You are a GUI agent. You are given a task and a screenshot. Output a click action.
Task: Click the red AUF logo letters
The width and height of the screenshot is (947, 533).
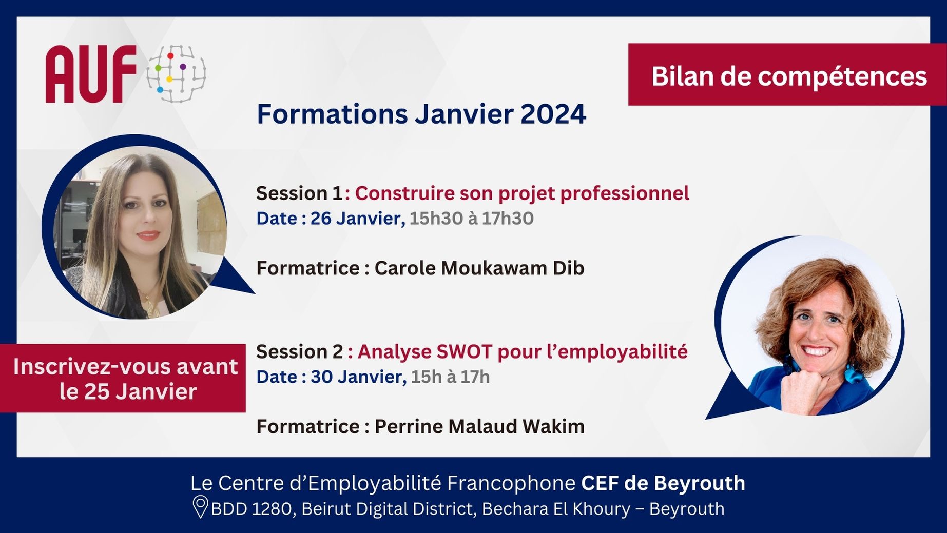91,74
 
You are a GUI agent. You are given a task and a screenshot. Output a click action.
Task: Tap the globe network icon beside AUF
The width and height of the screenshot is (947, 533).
176,73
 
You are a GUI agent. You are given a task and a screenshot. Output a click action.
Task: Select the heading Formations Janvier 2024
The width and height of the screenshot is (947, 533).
421,114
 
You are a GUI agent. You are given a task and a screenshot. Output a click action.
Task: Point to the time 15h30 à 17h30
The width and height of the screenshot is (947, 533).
472,219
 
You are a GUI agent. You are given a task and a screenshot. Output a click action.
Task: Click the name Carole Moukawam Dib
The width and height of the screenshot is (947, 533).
479,268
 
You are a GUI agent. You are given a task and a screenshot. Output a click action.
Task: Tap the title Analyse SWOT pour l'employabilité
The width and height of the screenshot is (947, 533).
523,352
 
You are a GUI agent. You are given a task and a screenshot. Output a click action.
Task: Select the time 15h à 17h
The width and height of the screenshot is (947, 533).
450,377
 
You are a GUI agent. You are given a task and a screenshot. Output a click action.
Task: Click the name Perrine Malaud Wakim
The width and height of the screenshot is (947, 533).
479,426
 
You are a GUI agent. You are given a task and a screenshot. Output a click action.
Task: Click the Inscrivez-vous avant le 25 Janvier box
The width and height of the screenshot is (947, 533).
123,379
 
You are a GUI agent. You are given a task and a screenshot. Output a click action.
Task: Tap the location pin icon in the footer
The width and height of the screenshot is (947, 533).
200,507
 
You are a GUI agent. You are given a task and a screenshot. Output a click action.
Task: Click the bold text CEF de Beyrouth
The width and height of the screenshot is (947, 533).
663,483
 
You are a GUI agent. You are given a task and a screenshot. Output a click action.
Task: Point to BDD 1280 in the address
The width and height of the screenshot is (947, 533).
252,509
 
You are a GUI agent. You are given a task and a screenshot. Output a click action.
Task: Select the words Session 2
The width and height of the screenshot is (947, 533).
300,352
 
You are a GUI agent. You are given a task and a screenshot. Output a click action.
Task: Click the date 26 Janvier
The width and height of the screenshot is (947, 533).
357,219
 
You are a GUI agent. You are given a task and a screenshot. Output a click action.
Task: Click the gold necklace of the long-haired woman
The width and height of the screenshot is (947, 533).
148,303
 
